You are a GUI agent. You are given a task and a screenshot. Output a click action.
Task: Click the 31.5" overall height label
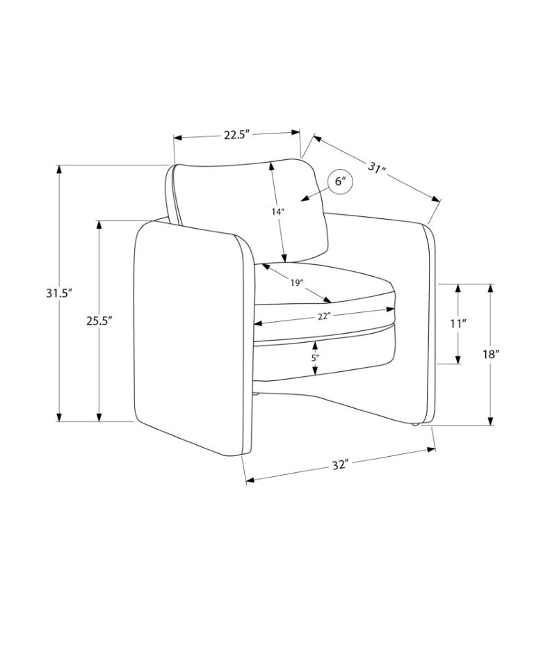(59, 293)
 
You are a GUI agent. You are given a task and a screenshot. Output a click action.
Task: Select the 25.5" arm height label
(99, 321)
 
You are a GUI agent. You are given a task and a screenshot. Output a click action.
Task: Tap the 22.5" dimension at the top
(237, 135)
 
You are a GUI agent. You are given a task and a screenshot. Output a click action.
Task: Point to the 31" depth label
(377, 168)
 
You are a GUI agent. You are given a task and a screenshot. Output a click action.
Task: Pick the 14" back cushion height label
(277, 212)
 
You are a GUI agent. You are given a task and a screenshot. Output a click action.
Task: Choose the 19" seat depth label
(297, 283)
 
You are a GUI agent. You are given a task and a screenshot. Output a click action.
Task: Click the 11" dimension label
(458, 323)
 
